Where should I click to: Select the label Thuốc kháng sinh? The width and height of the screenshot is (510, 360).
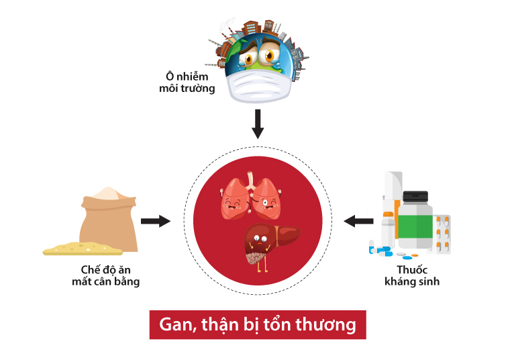point(412,276)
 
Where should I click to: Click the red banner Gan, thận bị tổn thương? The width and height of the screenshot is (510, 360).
point(258,324)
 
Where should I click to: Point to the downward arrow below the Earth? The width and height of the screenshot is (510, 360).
point(258,124)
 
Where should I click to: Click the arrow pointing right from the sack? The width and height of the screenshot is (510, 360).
point(156,221)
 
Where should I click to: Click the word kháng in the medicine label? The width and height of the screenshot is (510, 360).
point(401,281)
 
